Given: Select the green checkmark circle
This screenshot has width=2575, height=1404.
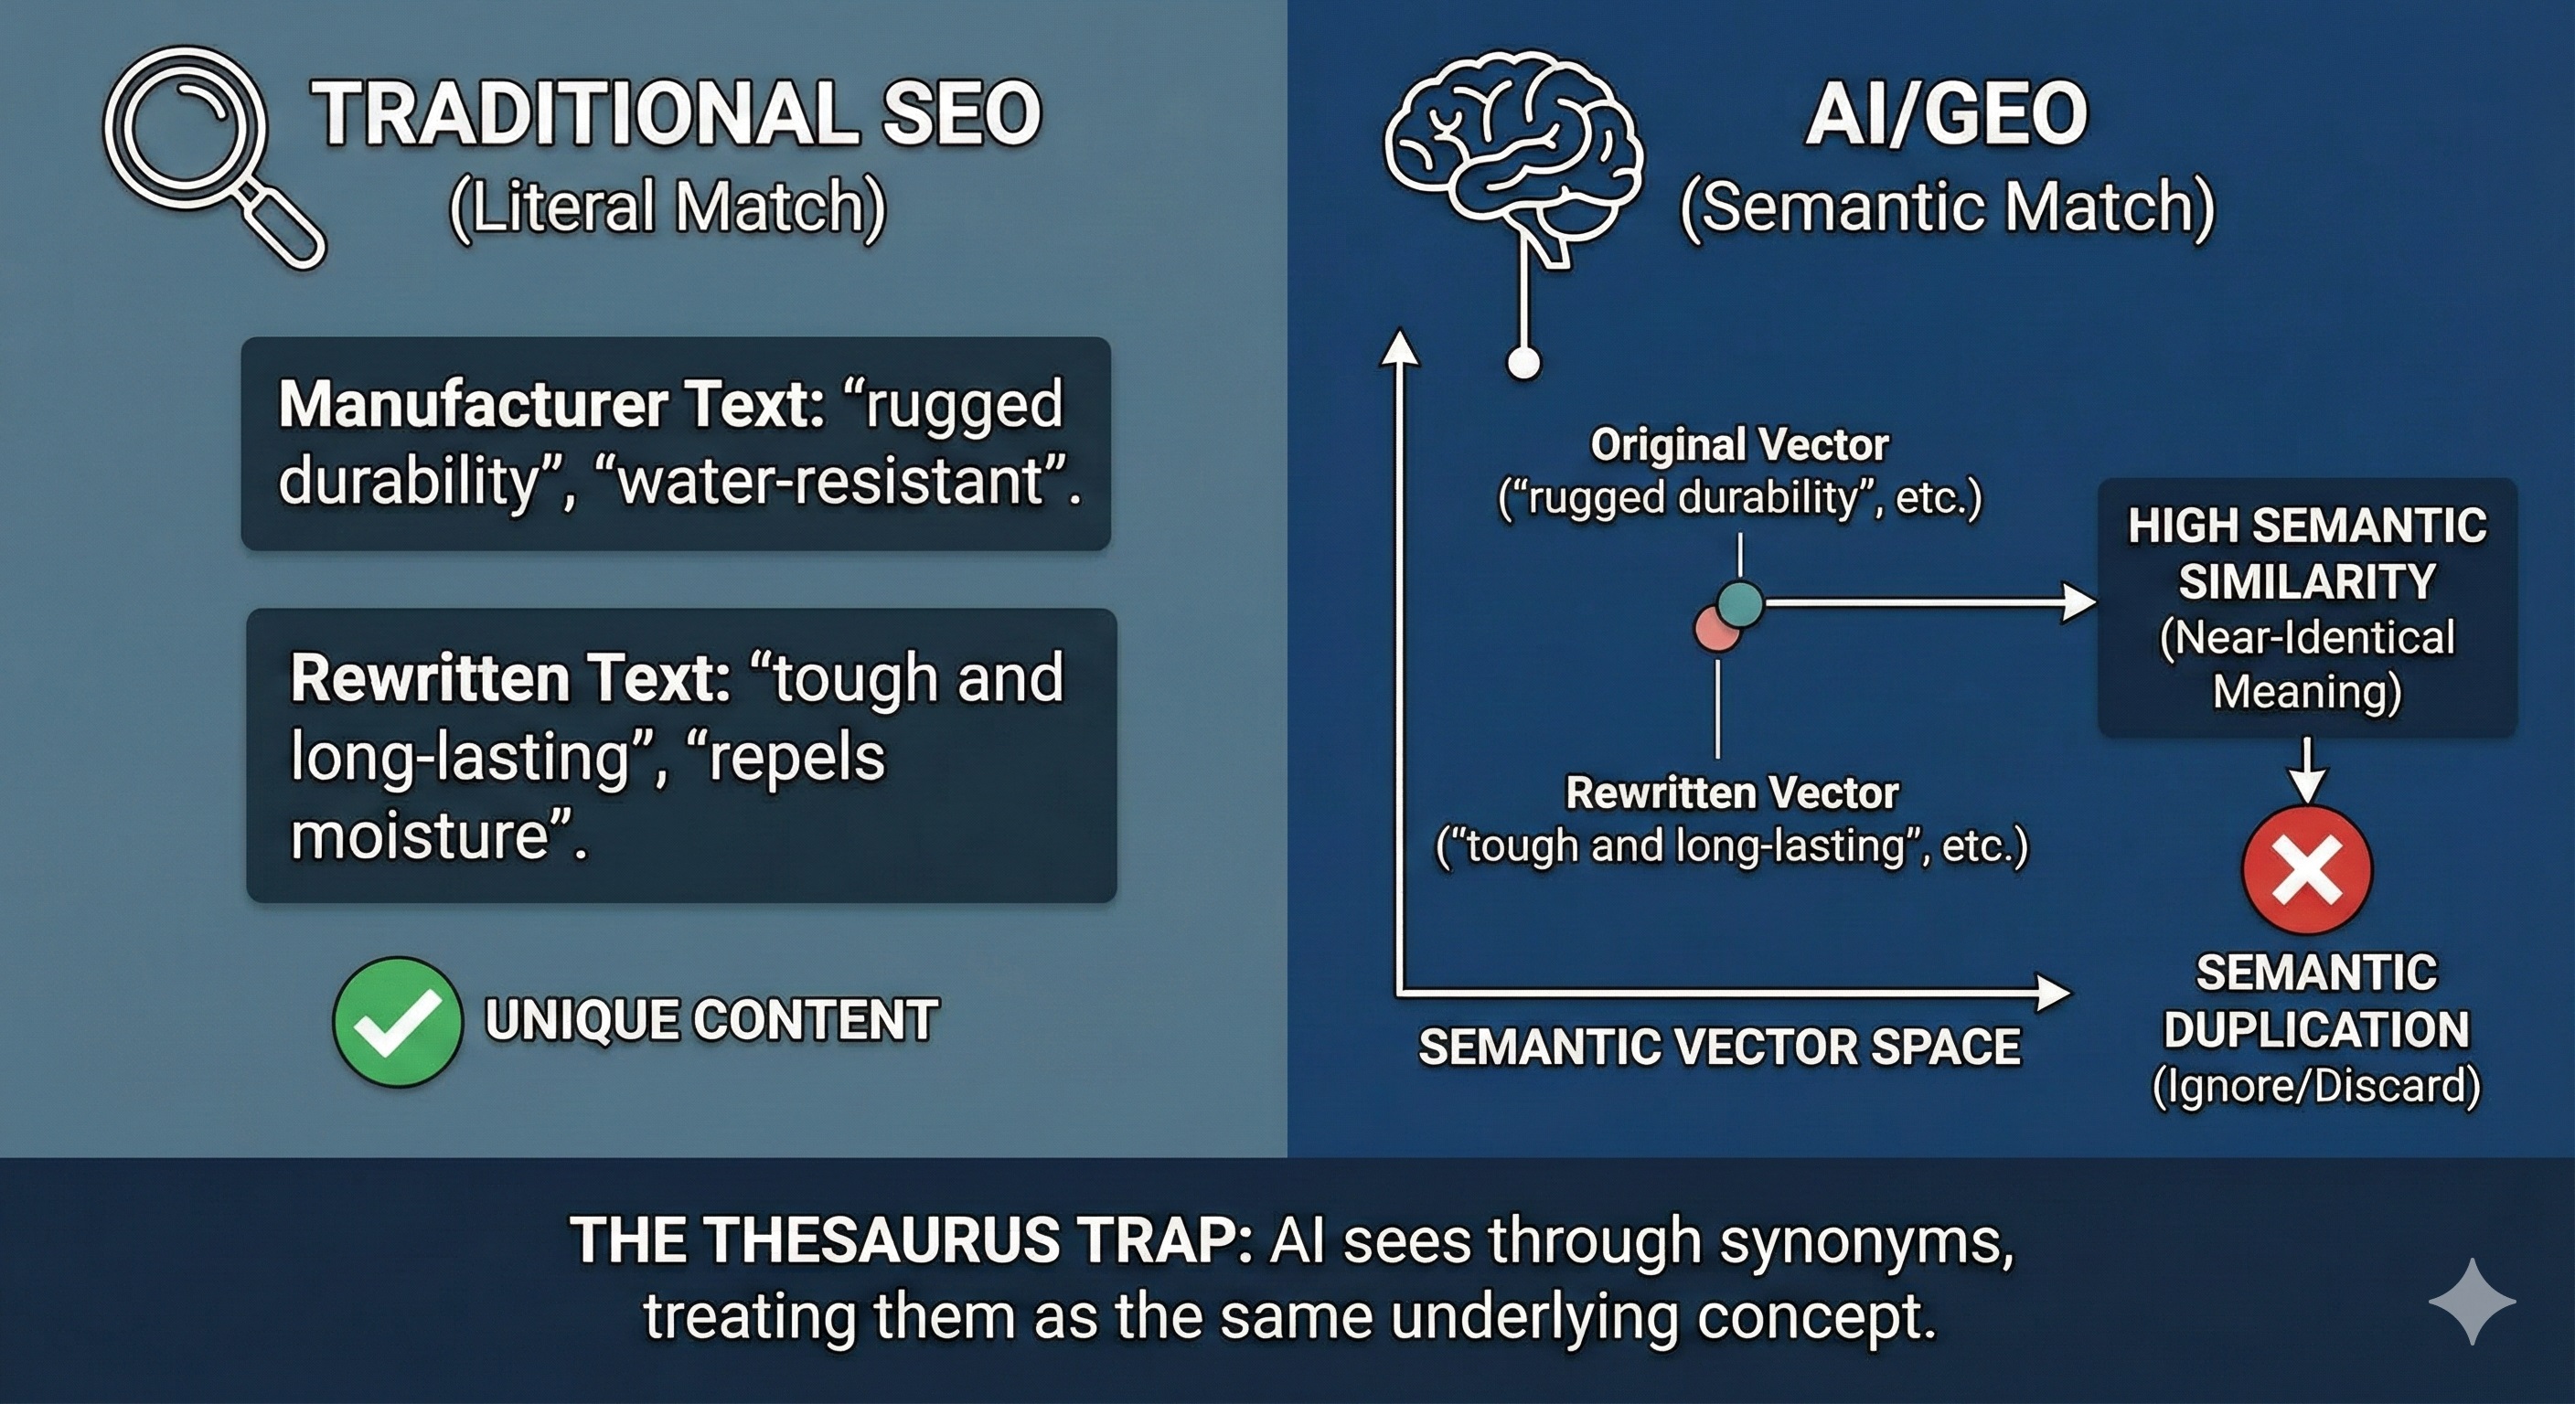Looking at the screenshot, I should [x=397, y=1021].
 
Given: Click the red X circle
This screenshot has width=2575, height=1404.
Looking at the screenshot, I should [x=2306, y=869].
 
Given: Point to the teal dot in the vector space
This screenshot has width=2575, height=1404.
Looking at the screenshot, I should [x=1740, y=602].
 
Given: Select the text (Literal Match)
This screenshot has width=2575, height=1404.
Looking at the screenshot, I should [x=668, y=207].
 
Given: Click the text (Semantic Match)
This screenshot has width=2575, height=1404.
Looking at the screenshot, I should [x=1947, y=207].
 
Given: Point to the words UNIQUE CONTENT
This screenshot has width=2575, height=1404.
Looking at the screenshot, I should [x=711, y=1021].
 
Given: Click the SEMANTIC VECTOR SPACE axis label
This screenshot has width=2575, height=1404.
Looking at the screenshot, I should [x=1719, y=1048].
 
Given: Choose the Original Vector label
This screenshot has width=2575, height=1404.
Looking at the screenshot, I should [x=1739, y=444].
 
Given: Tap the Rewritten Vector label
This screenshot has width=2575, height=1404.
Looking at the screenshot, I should [x=1731, y=793].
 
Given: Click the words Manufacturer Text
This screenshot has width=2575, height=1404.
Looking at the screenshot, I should [x=551, y=405].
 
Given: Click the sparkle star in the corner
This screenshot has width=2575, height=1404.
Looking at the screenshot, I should [x=2471, y=1301].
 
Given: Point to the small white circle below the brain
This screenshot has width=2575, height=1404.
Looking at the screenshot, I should [x=1523, y=364].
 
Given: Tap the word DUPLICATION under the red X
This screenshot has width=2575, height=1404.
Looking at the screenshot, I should [x=2316, y=1030].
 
